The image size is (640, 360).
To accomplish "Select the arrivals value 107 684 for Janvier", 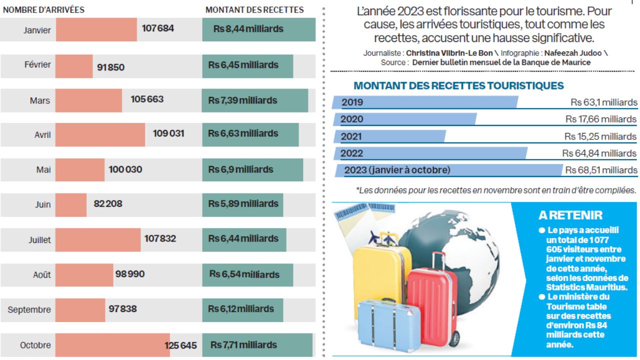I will pyautogui.click(x=158, y=28).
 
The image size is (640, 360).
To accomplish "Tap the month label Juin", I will pyautogui.click(x=42, y=204).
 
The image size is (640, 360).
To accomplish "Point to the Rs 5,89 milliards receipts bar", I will pyautogui.click(x=242, y=204).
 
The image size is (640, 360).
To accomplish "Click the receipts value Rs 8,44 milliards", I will pyautogui.click(x=248, y=29).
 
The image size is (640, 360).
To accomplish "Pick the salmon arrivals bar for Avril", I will pyautogui.click(x=100, y=134).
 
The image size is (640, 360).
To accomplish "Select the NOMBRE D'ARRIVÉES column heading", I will pyautogui.click(x=43, y=9).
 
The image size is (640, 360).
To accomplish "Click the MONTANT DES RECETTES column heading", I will pyautogui.click(x=254, y=9).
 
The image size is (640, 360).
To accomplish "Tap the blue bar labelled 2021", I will pyautogui.click(x=390, y=136).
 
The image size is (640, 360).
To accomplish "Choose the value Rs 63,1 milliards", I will pyautogui.click(x=604, y=102).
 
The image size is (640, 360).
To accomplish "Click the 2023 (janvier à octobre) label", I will pyautogui.click(x=397, y=170).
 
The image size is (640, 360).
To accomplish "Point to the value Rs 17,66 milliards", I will pyautogui.click(x=601, y=119).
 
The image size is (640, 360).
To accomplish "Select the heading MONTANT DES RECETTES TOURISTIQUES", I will pyautogui.click(x=458, y=85).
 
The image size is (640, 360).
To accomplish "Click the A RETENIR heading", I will pyautogui.click(x=570, y=215).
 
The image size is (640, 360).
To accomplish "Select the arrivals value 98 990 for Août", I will pyautogui.click(x=129, y=274).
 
